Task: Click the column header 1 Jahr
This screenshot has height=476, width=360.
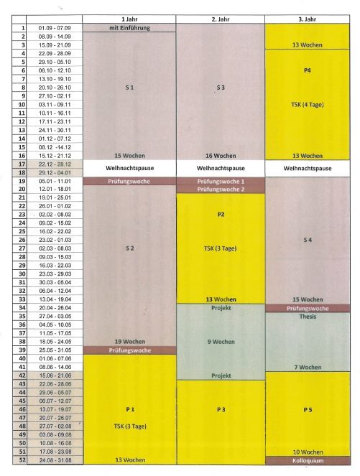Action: [x=129, y=18]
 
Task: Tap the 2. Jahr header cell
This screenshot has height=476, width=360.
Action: [x=220, y=18]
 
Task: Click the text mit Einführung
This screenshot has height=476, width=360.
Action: [x=129, y=27]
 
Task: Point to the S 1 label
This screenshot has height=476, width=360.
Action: [x=129, y=88]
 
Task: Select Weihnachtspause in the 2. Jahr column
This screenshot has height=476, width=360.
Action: [x=220, y=169]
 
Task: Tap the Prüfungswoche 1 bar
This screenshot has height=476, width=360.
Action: [x=220, y=182]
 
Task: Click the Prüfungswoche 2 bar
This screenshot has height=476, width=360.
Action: [x=220, y=190]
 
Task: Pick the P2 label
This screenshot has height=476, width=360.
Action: [x=220, y=214]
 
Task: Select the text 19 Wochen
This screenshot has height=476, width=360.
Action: [x=129, y=342]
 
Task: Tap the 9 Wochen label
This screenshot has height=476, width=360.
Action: [x=220, y=342]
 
